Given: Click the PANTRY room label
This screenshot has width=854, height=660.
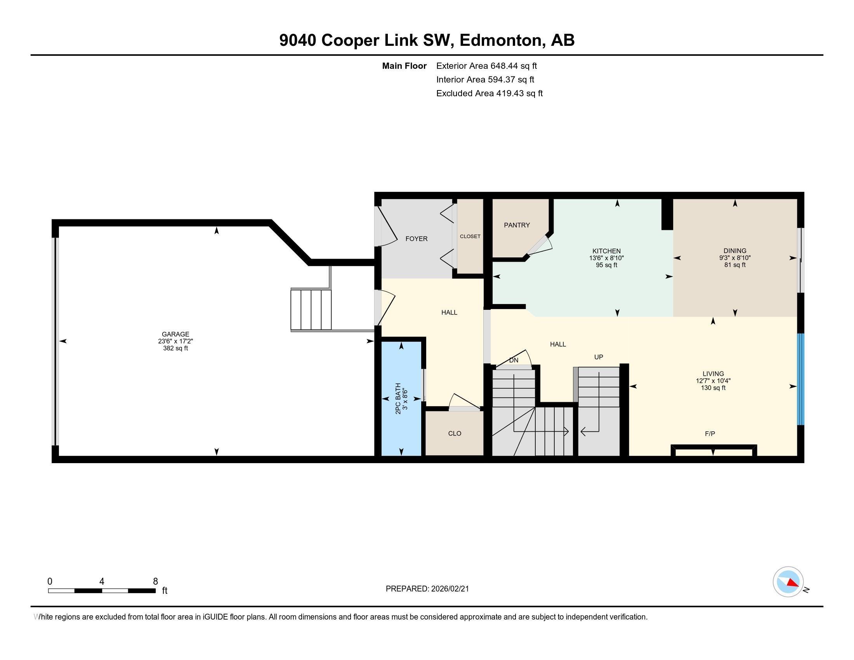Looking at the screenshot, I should (517, 225).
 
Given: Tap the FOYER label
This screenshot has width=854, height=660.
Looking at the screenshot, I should (416, 239).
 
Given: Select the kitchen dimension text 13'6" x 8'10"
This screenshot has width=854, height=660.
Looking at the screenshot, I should (606, 258).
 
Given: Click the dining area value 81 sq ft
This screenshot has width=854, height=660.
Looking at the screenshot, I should (735, 265).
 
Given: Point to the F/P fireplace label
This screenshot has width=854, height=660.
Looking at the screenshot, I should (710, 434).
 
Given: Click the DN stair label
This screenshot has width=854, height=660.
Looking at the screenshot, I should (514, 360).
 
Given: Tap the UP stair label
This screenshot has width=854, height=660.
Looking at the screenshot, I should (598, 357).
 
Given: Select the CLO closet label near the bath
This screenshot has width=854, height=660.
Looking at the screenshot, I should (455, 434).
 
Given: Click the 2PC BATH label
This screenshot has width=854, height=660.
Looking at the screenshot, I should (398, 398).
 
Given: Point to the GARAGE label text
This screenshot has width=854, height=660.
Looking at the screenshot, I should (175, 334).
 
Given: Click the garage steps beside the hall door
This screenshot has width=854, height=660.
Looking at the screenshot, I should (311, 309).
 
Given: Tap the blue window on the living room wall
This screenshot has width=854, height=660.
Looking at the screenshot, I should (800, 379).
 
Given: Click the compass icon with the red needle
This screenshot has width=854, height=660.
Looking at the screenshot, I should (788, 582).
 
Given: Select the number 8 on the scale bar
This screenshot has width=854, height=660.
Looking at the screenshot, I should (155, 582).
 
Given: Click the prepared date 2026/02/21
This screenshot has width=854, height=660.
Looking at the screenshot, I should (450, 589).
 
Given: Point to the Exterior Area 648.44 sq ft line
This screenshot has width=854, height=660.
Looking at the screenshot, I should (486, 66).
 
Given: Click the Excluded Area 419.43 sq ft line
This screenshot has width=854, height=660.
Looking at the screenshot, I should (489, 94).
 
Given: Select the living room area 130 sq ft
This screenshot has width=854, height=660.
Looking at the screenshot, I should (713, 388).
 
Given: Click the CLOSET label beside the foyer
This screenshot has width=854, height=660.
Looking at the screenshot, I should (470, 236).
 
